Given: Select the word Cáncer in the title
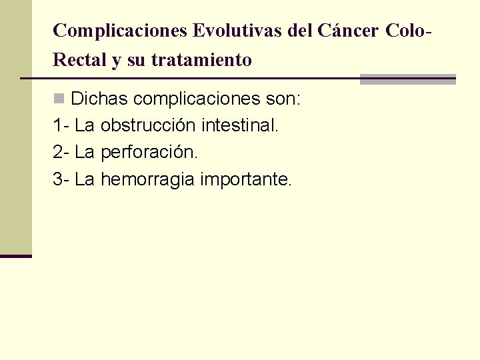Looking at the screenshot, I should [348, 31].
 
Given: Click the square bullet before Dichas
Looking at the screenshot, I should [59, 99].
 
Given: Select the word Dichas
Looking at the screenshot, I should [99, 99].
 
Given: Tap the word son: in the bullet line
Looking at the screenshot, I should [284, 99].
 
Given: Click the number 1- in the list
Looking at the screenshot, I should [61, 125].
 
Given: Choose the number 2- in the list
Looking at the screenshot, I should [61, 152].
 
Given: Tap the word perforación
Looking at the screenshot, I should [149, 153].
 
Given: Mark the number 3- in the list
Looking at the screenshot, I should [61, 179].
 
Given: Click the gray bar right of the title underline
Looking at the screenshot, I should [407, 79].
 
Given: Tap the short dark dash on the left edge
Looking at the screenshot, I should [16, 256].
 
